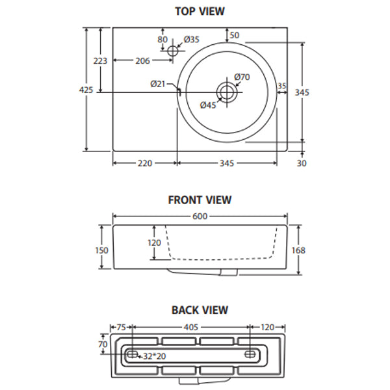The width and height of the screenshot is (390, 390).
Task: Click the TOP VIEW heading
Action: [x=200, y=11]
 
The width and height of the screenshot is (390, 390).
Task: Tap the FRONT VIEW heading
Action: [x=200, y=200]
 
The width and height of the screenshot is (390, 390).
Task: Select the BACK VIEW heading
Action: [x=200, y=310]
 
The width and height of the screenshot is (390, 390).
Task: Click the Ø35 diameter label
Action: [x=191, y=40]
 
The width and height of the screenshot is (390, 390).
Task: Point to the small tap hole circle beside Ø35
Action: [x=173, y=51]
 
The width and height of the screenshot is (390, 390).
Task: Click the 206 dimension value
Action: [x=142, y=61]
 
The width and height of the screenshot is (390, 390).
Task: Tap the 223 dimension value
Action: [x=100, y=60]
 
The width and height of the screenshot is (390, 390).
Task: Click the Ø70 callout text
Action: [x=242, y=77]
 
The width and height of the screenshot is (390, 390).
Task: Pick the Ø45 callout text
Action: [x=208, y=105]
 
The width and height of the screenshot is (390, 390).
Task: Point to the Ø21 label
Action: [x=158, y=83]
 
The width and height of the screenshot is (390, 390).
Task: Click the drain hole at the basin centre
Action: [x=227, y=92]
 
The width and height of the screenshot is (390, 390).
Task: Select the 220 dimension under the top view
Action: [x=144, y=163]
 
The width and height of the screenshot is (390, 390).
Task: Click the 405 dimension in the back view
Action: [x=191, y=328]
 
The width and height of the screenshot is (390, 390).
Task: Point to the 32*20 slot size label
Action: [x=155, y=356]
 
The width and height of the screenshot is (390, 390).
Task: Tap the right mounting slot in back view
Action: [x=251, y=354]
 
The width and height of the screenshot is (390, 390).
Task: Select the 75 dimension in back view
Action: [x=120, y=328]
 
